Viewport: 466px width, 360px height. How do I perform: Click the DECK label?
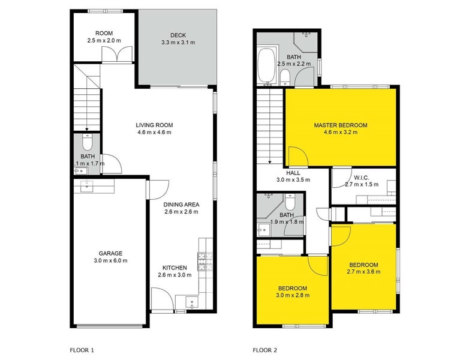point(178,35)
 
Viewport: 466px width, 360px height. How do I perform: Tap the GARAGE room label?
point(110,253)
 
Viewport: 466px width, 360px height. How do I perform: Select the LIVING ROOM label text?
point(154,125)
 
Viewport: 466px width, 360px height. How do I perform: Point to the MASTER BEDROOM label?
point(341,125)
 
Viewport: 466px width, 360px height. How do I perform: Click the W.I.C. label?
point(362,178)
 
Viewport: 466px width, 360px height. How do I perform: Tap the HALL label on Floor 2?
point(293,173)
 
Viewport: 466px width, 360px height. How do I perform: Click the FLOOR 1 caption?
point(82,350)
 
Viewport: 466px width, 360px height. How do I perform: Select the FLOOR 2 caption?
point(265,350)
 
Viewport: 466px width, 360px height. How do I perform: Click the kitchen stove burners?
point(205,262)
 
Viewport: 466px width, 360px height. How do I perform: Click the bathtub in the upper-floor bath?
point(266,65)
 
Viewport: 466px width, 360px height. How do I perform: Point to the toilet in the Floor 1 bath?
point(87,142)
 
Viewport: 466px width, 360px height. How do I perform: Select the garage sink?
point(87,187)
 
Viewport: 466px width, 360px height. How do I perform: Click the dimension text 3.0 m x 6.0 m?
point(110,261)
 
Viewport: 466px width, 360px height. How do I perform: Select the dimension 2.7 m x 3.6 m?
point(363,272)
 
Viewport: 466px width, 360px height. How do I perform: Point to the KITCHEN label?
point(175,268)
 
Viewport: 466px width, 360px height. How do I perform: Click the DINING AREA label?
point(181,205)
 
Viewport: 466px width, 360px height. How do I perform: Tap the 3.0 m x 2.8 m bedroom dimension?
point(293,295)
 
